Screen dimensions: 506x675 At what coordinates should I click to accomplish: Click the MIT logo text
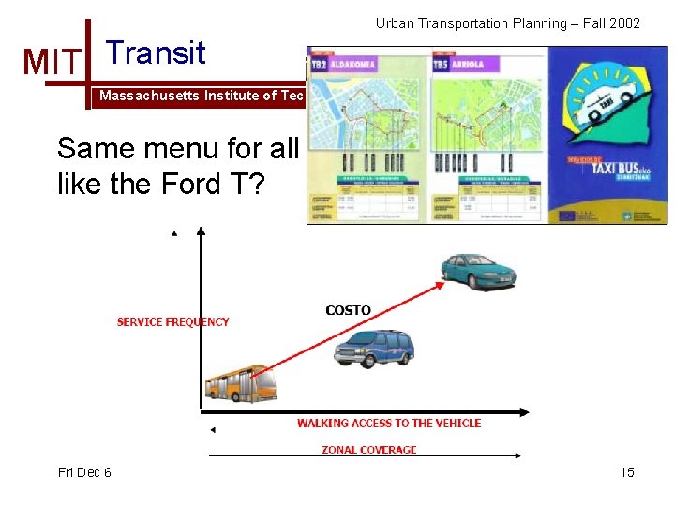(x=53, y=62)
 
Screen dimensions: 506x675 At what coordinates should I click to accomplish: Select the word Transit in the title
(x=156, y=52)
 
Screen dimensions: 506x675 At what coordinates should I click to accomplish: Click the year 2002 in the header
(x=622, y=22)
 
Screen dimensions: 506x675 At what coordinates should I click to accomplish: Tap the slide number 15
(x=627, y=472)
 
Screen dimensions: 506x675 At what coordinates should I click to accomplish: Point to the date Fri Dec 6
(x=84, y=472)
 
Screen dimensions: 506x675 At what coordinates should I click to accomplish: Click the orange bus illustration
(x=241, y=384)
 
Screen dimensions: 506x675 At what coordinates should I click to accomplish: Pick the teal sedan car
(x=478, y=270)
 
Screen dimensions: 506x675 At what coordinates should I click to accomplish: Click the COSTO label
(x=348, y=310)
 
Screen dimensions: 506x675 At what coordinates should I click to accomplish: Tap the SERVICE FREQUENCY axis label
(x=172, y=322)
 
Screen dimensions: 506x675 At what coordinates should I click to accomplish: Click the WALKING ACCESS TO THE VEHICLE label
(x=388, y=424)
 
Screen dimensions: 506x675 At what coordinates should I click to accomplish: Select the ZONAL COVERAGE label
(x=368, y=450)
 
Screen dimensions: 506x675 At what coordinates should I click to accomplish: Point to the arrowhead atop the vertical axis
(x=174, y=232)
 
